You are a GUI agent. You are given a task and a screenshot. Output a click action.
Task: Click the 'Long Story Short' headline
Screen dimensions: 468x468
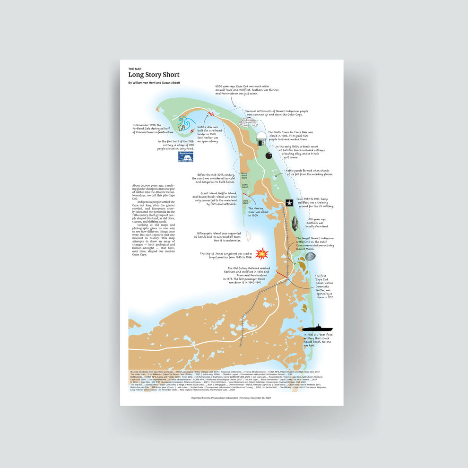click(x=154, y=75)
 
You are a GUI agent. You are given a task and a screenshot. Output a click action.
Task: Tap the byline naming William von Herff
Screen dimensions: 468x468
click(x=154, y=83)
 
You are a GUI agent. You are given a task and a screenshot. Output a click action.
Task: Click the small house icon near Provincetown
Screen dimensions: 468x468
click(x=182, y=127)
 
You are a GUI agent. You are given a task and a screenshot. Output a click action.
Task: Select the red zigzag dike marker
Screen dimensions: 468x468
click(x=210, y=113)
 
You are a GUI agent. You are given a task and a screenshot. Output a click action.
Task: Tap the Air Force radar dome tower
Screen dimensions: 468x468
click(x=261, y=139)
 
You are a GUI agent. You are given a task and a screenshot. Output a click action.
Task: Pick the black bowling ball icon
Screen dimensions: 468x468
click(x=269, y=156)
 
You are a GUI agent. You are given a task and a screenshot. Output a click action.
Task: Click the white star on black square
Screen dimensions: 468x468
click(x=289, y=203)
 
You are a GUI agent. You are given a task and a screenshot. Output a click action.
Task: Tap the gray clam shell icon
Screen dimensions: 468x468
click(x=310, y=256)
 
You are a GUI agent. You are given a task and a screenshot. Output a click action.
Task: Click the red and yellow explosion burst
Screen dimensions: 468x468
click(x=261, y=254)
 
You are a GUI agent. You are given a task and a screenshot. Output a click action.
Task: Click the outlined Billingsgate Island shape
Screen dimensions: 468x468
click(x=249, y=236)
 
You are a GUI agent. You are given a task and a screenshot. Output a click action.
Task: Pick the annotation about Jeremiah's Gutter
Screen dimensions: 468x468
click(x=324, y=286)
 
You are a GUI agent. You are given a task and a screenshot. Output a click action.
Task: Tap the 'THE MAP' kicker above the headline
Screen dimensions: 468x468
click(x=135, y=69)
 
